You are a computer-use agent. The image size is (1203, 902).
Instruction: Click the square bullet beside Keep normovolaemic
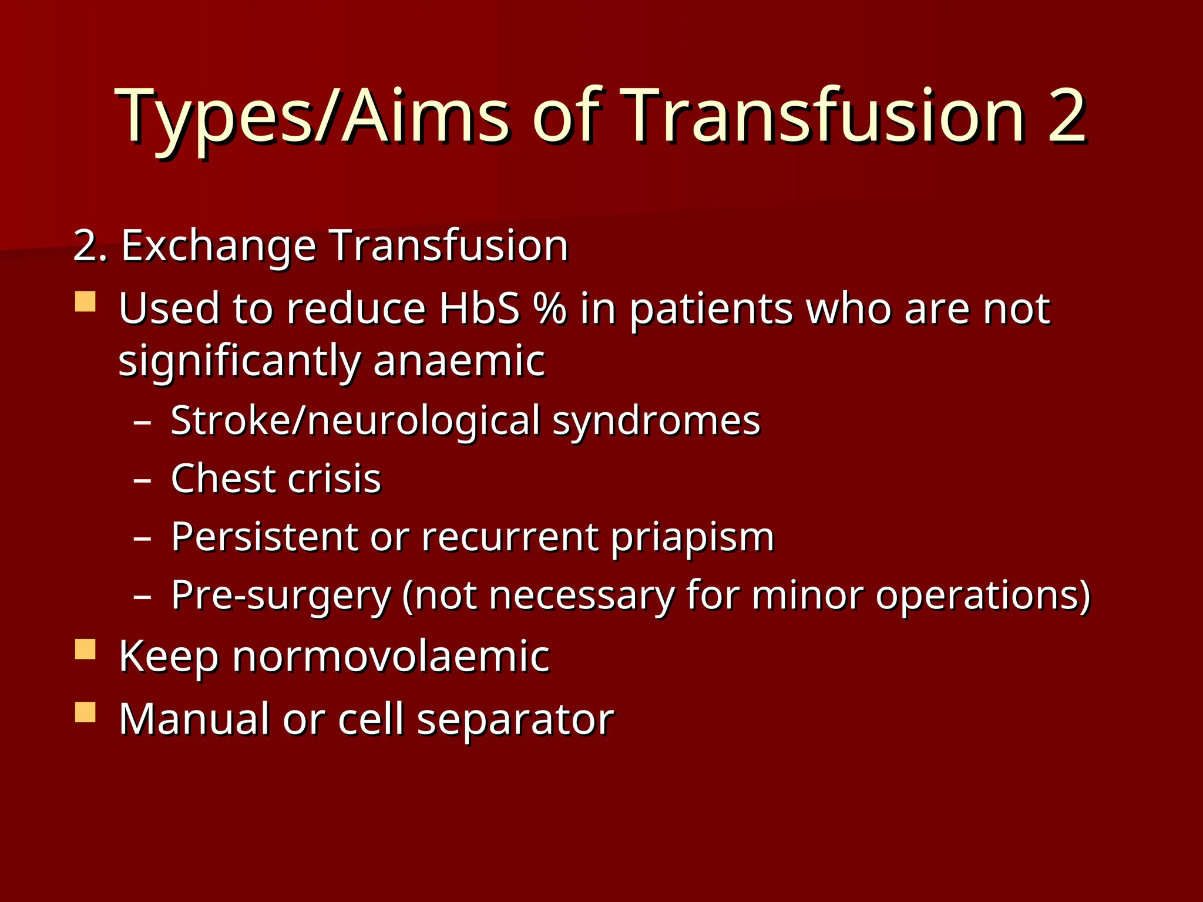click(x=86, y=649)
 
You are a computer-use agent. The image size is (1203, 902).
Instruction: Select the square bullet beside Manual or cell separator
click(x=86, y=712)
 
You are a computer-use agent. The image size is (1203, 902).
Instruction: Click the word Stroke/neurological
click(x=355, y=422)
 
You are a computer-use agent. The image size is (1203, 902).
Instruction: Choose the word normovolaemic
click(x=391, y=657)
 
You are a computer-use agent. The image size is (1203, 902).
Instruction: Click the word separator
click(x=515, y=720)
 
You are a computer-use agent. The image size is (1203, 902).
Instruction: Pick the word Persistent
click(x=264, y=537)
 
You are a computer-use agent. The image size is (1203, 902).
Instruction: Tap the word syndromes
click(x=656, y=422)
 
